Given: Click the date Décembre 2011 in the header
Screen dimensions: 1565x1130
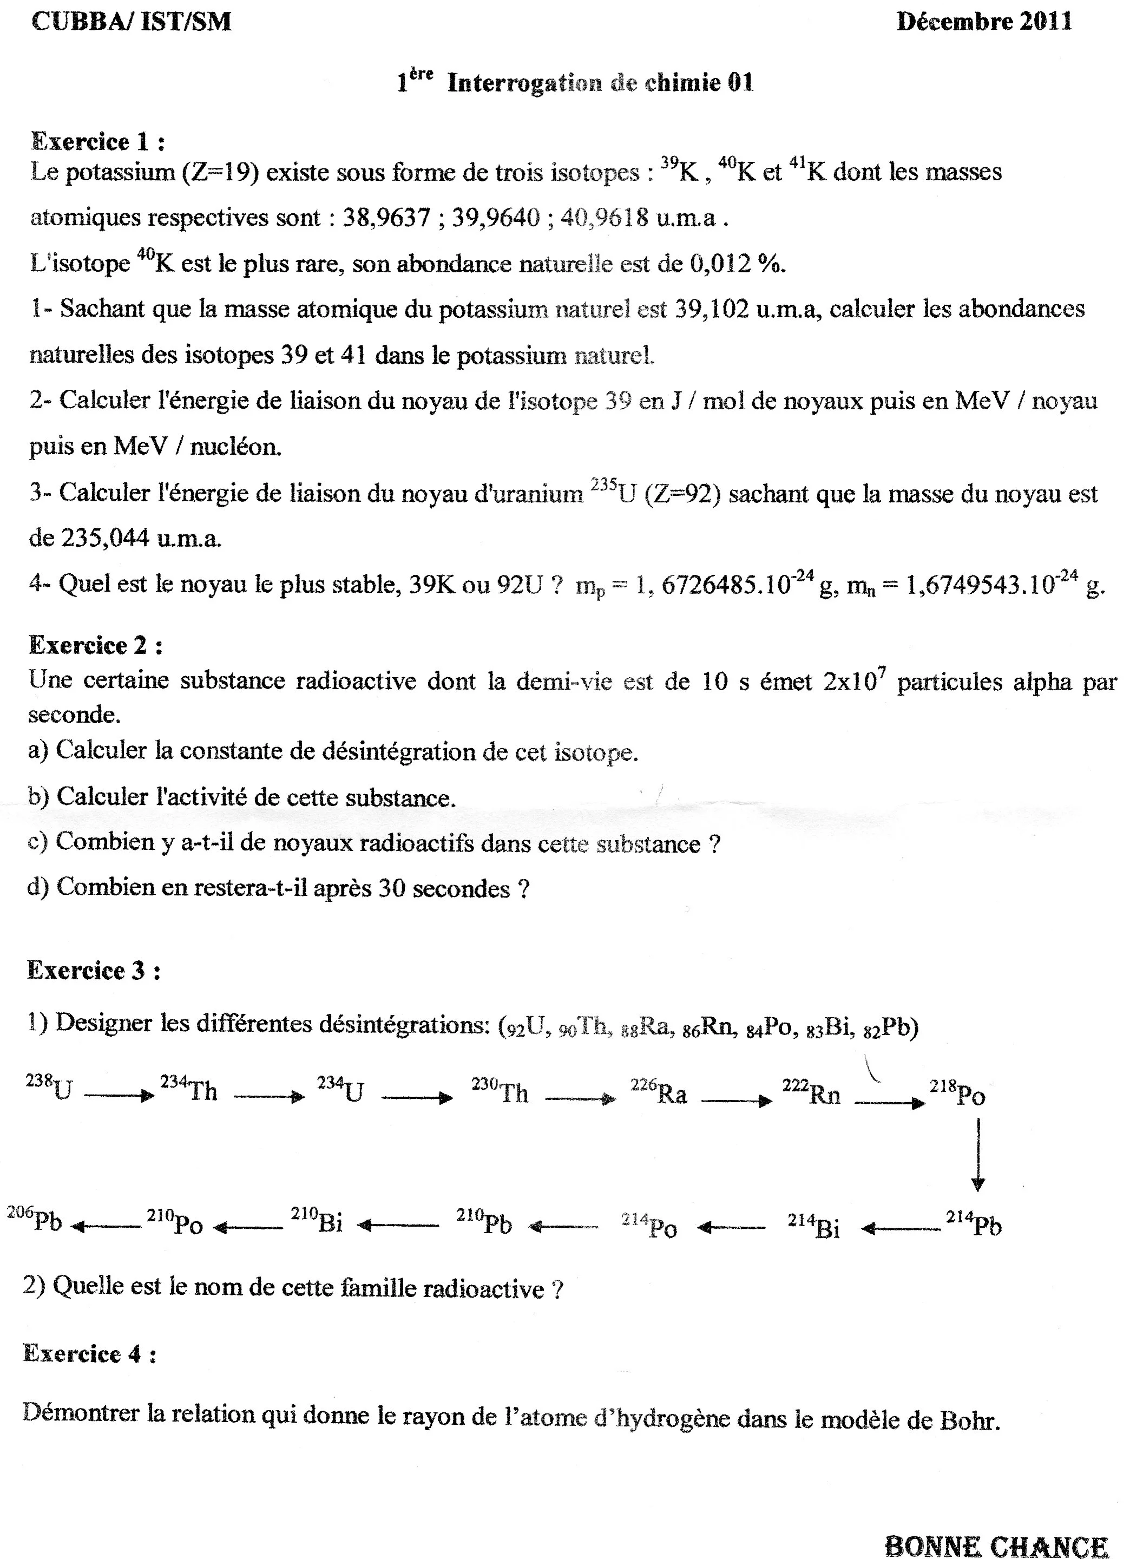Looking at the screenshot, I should coord(984,22).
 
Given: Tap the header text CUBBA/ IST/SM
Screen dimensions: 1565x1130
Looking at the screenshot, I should coord(131,22).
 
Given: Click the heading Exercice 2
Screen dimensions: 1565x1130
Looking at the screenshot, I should coord(95,645).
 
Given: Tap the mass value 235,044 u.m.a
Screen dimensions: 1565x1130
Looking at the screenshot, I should coord(124,538).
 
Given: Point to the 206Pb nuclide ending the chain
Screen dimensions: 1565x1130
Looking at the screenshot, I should coord(35,1221).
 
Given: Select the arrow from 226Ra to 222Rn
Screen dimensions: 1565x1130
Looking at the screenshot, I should coord(736,1101).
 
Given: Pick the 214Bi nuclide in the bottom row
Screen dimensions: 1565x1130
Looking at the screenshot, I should coord(814,1226).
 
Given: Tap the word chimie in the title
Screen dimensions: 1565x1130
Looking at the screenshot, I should coord(683,83).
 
